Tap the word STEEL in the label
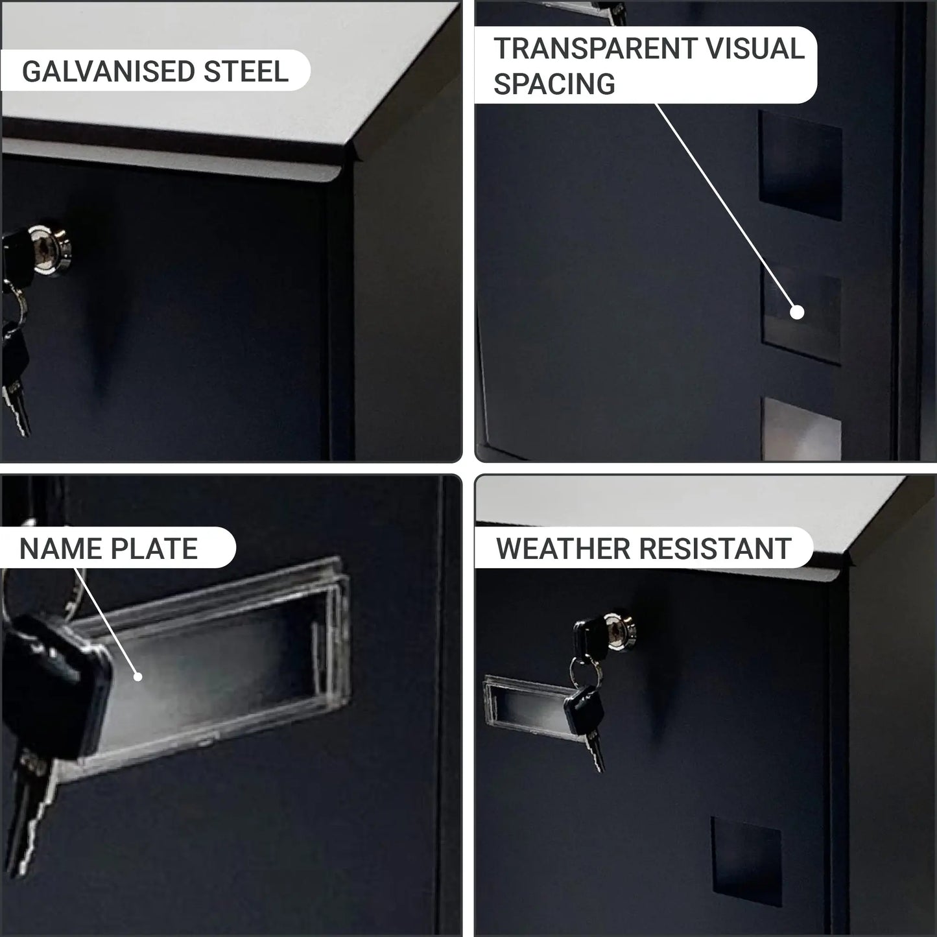coord(246,71)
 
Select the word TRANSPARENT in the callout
coord(596,49)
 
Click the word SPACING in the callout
coord(554,84)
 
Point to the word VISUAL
coord(755,49)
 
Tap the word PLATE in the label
coord(154,549)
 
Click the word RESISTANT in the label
coord(715,549)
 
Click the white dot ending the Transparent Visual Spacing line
coord(797,312)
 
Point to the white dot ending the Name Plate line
coord(137,676)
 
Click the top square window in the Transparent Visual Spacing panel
coord(800,165)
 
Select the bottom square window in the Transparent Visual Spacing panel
coord(801,429)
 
